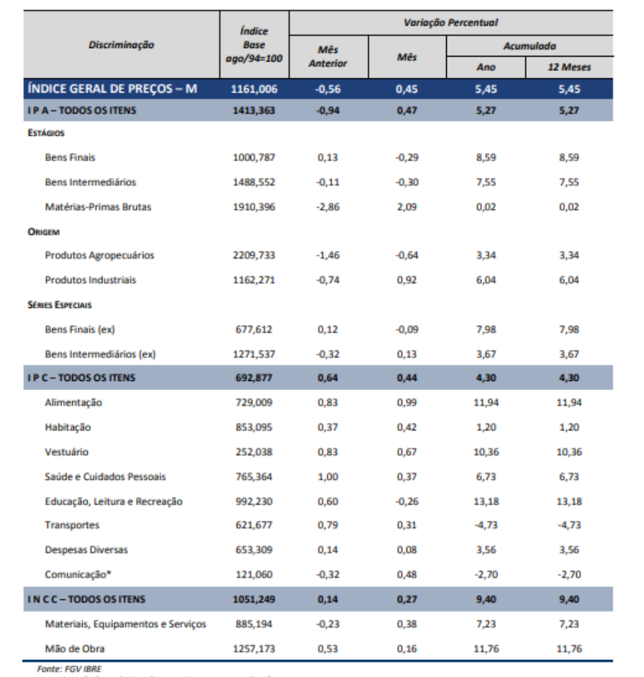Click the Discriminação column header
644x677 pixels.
click(x=121, y=45)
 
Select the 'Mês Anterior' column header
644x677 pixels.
click(x=328, y=57)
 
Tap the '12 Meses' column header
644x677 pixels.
click(x=568, y=67)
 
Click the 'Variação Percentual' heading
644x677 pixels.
click(x=450, y=23)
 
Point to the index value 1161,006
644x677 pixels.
click(x=254, y=89)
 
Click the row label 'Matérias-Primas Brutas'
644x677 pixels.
click(x=98, y=207)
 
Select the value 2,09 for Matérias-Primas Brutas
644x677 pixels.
click(x=406, y=207)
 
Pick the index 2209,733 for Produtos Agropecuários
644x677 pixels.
click(x=254, y=255)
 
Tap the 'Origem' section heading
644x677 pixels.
click(x=43, y=231)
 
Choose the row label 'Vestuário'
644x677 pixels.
click(x=66, y=452)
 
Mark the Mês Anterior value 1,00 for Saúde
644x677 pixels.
click(x=328, y=476)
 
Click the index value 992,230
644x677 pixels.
click(x=254, y=501)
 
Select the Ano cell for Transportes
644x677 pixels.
click(x=486, y=525)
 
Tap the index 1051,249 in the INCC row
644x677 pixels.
click(x=254, y=599)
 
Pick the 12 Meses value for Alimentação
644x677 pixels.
click(x=568, y=402)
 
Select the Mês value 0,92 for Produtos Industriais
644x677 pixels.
click(x=406, y=280)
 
